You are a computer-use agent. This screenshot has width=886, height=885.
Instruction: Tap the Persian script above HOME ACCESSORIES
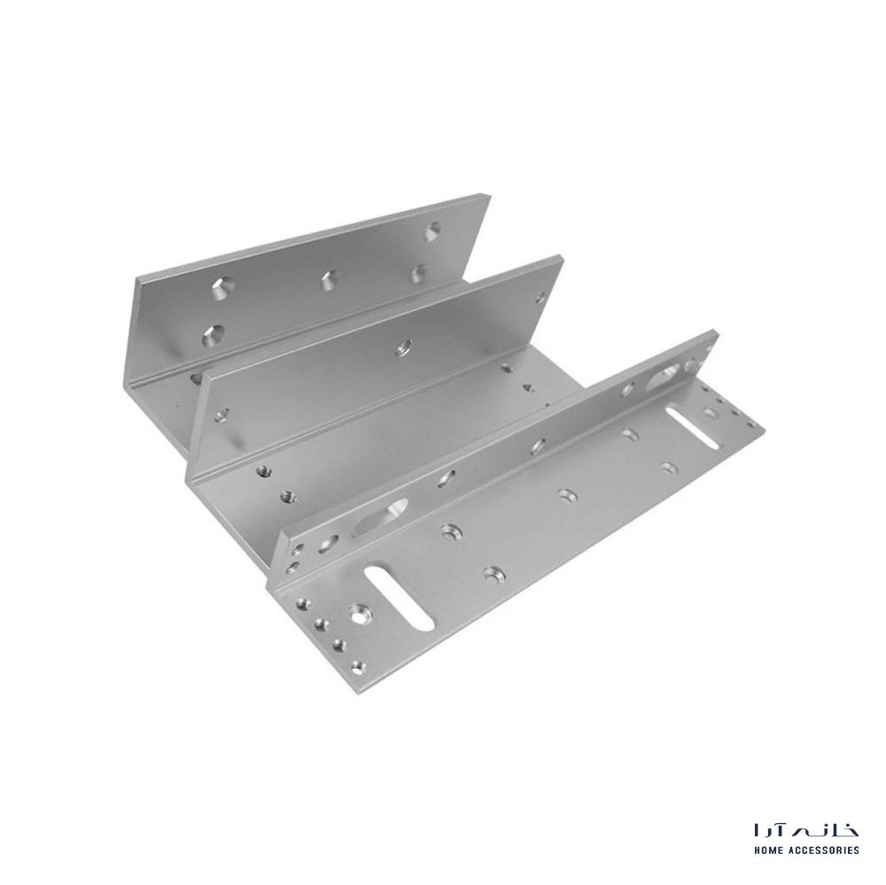tap(806, 830)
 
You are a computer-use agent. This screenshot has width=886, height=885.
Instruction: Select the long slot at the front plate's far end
tap(692, 427)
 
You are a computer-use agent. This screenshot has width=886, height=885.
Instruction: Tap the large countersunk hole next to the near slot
tap(357, 614)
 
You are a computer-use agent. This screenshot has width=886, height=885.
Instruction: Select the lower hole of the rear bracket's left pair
tap(213, 336)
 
